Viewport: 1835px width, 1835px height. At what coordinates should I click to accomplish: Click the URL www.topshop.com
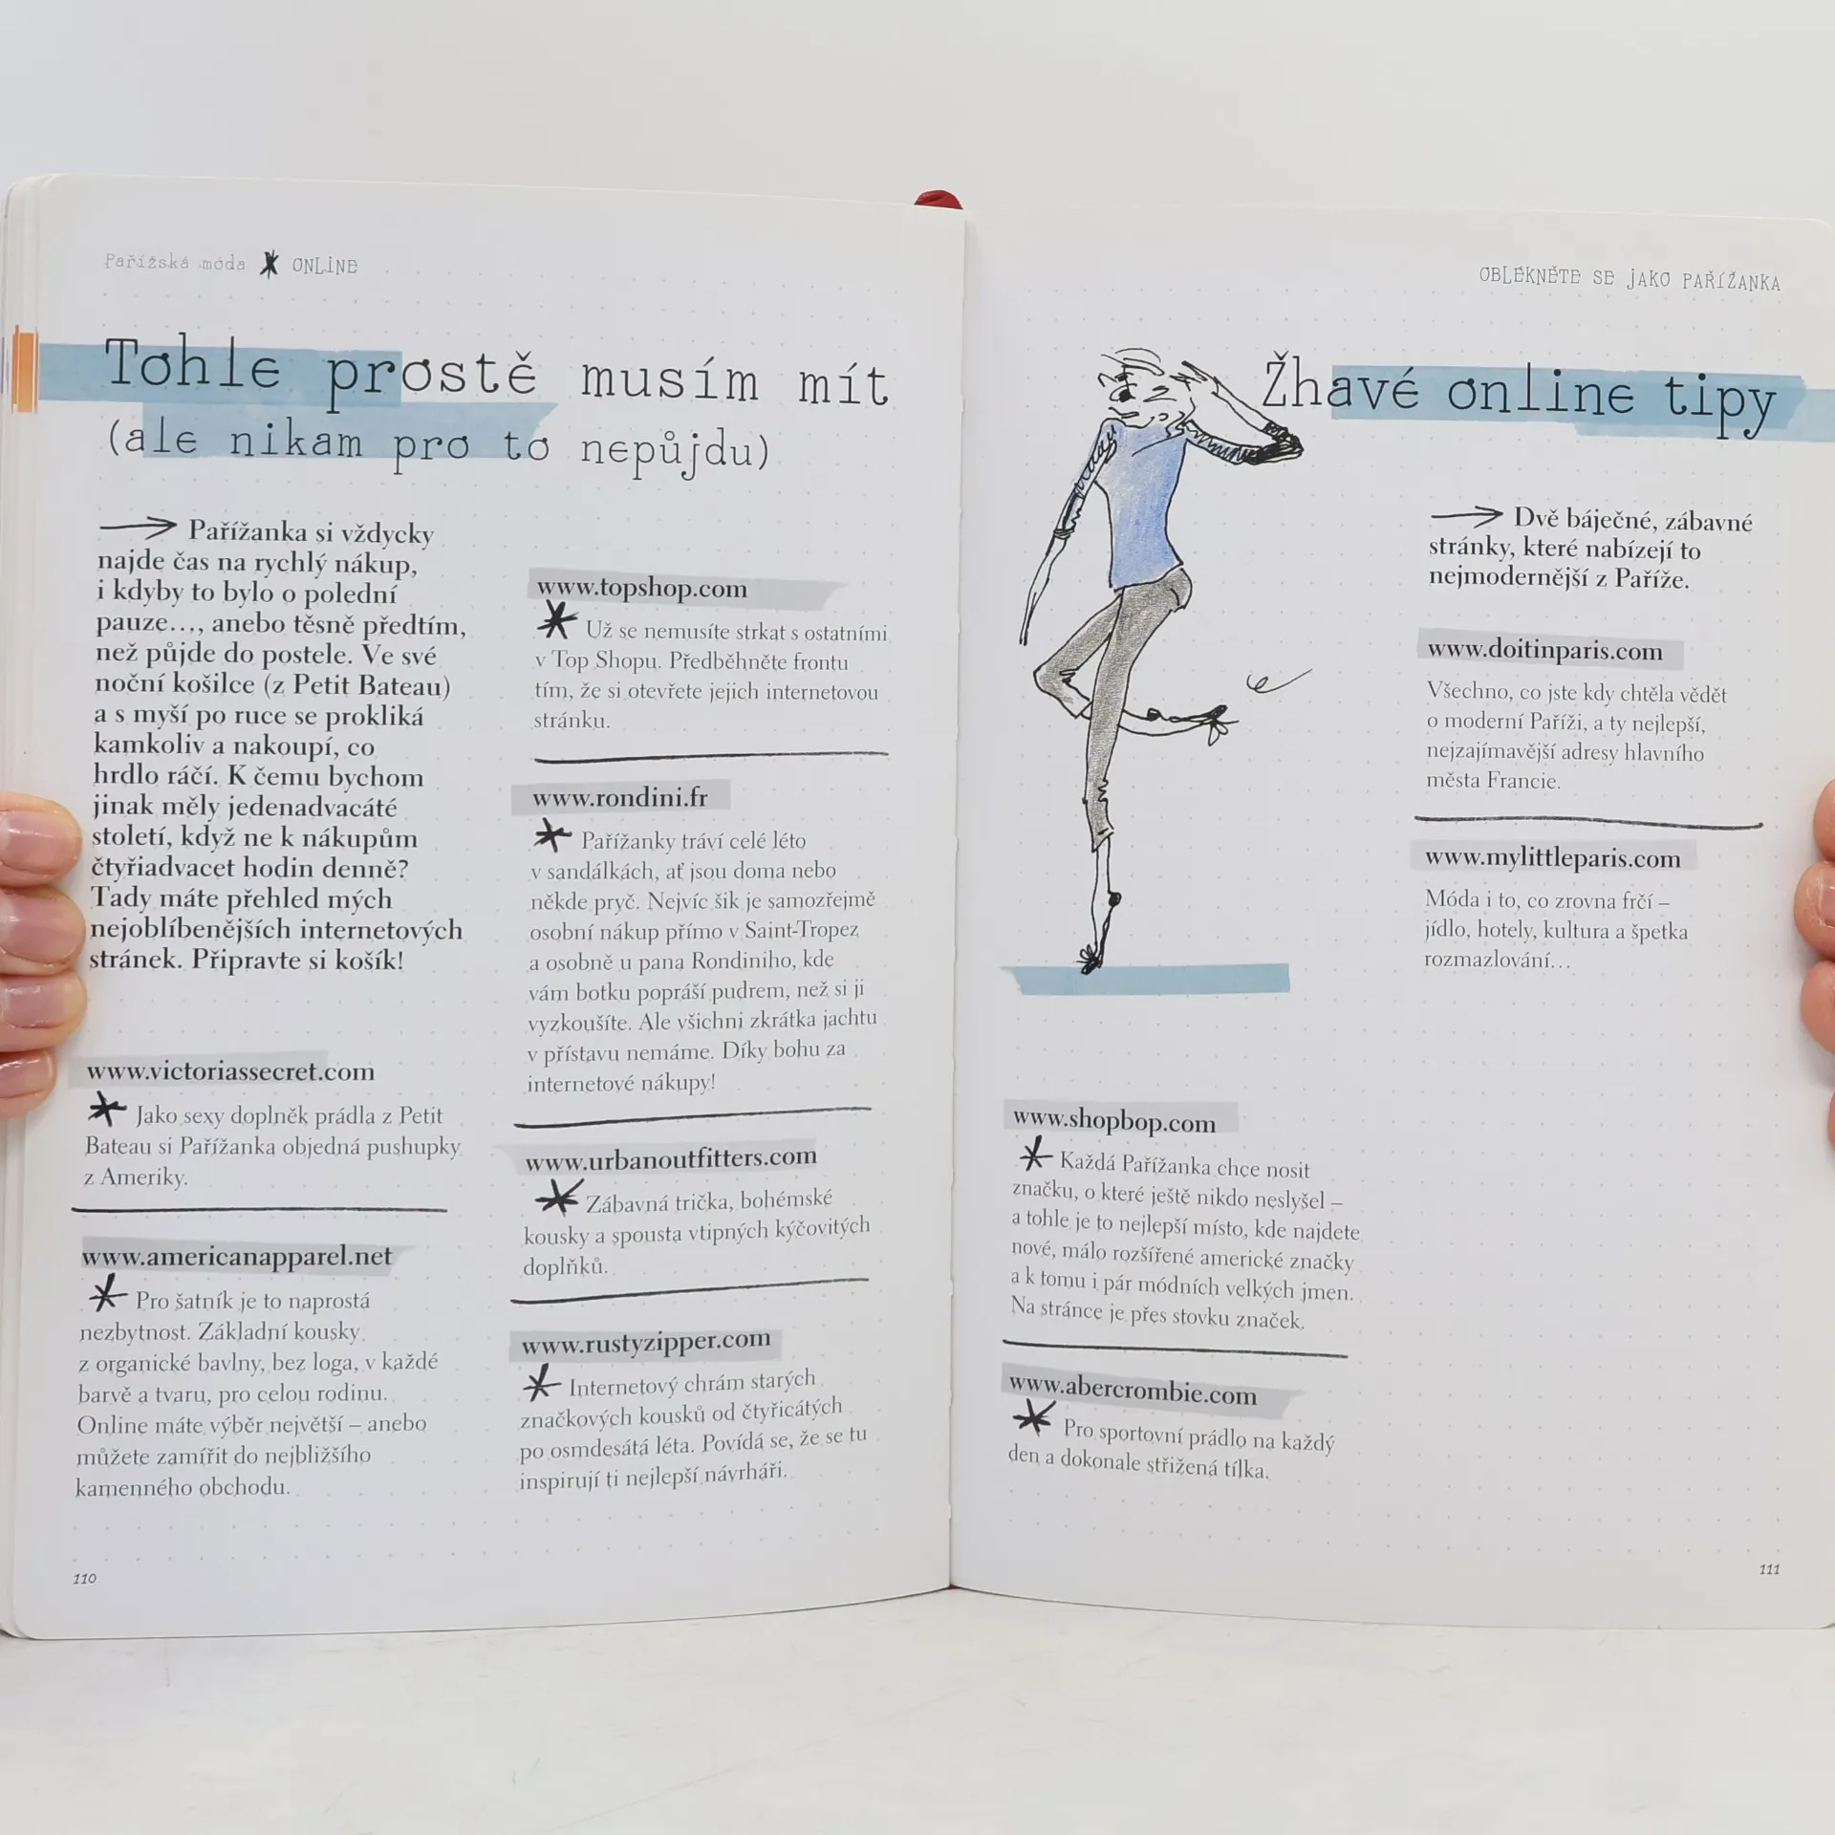coord(641,588)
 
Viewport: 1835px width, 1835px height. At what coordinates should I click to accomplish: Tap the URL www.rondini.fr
coord(620,797)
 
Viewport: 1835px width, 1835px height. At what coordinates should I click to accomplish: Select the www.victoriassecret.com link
coord(230,1071)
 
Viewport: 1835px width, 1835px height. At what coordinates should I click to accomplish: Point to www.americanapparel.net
coord(236,1256)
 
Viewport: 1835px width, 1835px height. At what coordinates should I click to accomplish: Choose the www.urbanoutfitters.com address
coord(671,1158)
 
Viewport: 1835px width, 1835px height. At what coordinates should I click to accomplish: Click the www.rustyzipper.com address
coord(646,1342)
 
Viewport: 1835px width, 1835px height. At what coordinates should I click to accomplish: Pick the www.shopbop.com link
coord(1114,1119)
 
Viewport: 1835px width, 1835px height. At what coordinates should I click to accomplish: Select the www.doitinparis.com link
coord(1545,650)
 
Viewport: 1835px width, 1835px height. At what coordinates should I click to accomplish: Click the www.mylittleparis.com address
coord(1553,857)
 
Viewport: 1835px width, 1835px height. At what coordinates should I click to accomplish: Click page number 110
coord(85,1578)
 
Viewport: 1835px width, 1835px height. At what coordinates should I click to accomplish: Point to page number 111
coord(1769,1568)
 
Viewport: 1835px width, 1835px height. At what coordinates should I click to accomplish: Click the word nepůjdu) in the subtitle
coord(675,449)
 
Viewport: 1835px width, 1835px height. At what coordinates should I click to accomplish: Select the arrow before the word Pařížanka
coord(138,526)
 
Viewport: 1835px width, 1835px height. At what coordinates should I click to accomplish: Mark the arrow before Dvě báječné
coord(1466,516)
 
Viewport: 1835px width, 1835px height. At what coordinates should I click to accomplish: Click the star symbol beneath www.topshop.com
coord(556,622)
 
